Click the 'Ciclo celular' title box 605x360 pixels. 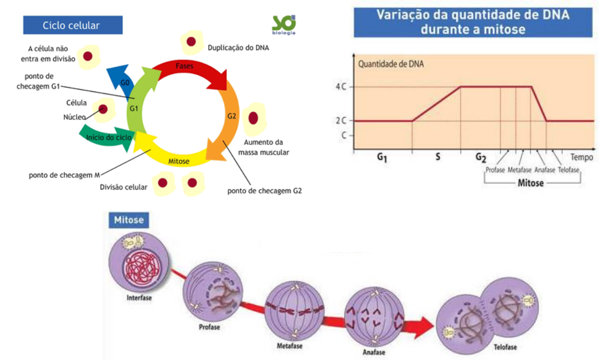coord(72,25)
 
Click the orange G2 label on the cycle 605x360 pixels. coord(231,116)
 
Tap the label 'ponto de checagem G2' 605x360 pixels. coord(264,190)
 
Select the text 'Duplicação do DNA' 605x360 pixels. coord(238,48)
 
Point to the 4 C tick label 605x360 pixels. coord(341,87)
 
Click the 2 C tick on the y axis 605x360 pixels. coord(341,121)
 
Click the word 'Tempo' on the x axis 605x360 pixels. coord(582,157)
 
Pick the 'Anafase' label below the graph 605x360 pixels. coord(544,170)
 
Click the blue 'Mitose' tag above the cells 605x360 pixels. coord(129,220)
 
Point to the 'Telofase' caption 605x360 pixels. coord(505,347)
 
